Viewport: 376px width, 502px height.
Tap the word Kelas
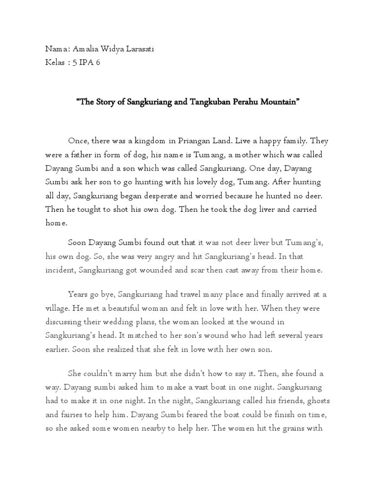click(56, 63)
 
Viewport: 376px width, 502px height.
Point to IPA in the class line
click(86, 63)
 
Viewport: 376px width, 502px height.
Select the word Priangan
click(194, 141)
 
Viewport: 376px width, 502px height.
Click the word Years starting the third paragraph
click(79, 294)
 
